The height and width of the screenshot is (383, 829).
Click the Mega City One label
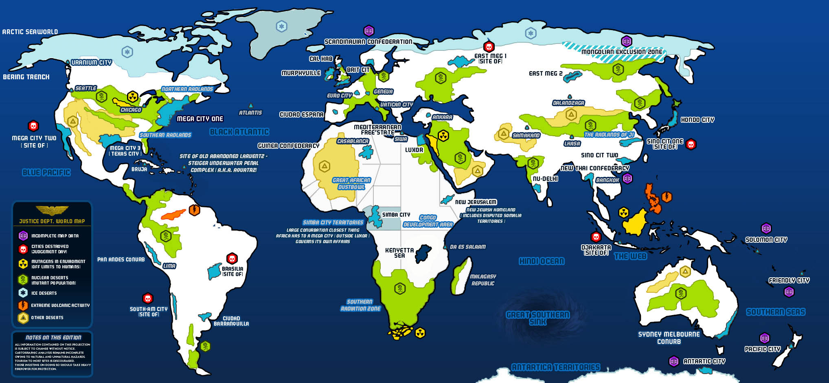200,119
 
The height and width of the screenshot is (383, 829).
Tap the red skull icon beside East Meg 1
489,46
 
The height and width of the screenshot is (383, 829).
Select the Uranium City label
91,62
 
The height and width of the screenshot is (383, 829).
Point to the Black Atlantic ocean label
239,132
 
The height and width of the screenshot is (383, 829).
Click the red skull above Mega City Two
33,126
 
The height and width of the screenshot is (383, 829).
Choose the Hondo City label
697,120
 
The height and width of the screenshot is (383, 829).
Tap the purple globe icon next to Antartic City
674,361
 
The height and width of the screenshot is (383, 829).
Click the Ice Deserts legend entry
44,293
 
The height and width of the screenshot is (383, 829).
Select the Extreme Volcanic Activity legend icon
23,305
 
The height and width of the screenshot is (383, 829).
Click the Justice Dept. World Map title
52,221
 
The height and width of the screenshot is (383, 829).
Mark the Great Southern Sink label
537,318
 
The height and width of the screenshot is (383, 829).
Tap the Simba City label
396,215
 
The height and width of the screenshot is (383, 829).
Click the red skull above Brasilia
232,258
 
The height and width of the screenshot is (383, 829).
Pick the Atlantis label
250,113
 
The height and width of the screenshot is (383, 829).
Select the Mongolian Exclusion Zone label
622,52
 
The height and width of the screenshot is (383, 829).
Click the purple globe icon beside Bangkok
627,178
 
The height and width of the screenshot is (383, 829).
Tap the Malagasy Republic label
483,280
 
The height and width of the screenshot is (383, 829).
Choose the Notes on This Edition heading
53,337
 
